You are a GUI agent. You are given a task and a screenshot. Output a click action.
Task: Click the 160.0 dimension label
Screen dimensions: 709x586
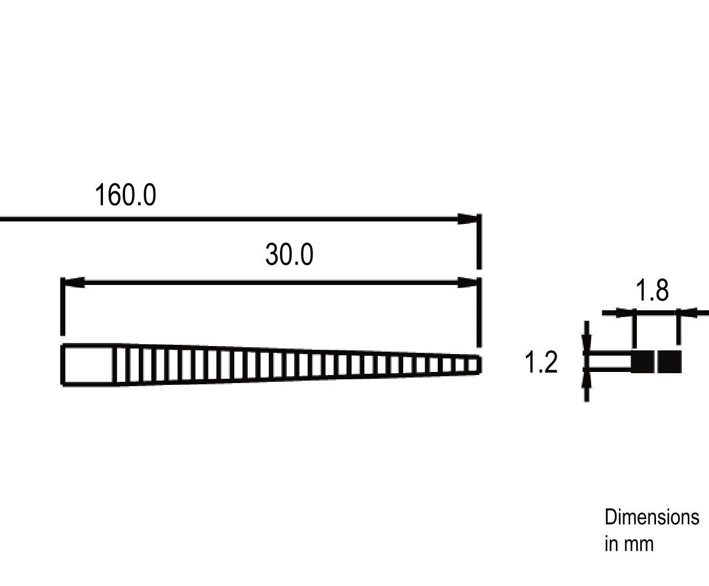(125, 195)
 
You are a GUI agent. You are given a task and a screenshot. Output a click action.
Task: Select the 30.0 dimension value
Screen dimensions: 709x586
(289, 254)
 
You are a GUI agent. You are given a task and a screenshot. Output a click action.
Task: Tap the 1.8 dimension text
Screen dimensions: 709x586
(652, 290)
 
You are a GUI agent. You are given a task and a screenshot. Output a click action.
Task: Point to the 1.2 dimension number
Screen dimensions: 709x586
(541, 362)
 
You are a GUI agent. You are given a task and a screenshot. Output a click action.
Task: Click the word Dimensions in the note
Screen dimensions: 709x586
(652, 517)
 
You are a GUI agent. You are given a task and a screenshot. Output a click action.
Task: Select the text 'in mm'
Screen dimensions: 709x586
(629, 543)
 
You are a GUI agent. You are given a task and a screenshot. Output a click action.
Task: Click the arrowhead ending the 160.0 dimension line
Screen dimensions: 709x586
(467, 220)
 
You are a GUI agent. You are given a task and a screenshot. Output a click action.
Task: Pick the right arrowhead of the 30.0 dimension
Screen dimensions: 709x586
(467, 283)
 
